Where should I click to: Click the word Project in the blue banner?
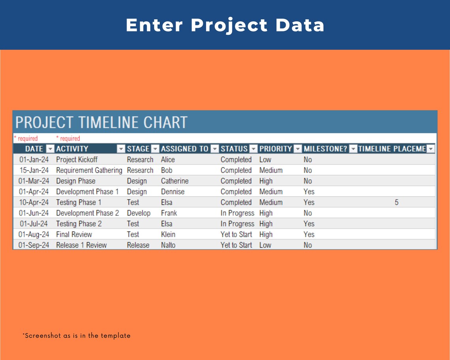click(x=229, y=25)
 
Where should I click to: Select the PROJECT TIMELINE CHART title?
click(x=101, y=122)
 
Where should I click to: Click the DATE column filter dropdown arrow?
click(x=50, y=149)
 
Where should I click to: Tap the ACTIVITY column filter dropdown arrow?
click(x=121, y=149)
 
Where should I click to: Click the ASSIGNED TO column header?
click(x=184, y=149)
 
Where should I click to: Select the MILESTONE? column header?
click(x=325, y=149)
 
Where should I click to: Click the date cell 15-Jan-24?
click(x=34, y=171)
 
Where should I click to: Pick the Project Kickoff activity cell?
click(x=77, y=160)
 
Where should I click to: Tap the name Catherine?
click(x=174, y=181)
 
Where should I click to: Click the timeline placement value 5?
click(x=396, y=202)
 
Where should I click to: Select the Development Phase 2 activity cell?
click(x=87, y=213)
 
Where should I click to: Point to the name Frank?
click(x=169, y=213)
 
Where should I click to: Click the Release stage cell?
click(x=138, y=245)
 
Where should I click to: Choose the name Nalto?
click(x=168, y=245)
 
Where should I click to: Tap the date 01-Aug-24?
click(x=34, y=234)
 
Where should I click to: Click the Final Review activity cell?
click(x=74, y=234)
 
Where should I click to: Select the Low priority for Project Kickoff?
click(x=265, y=160)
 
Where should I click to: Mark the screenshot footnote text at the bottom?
click(x=76, y=336)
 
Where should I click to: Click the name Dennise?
click(x=172, y=192)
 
